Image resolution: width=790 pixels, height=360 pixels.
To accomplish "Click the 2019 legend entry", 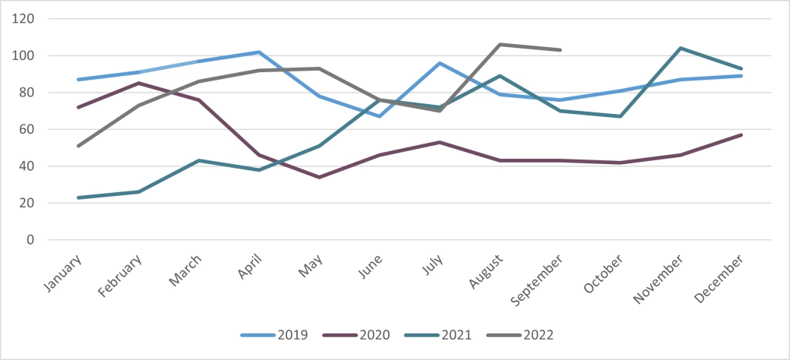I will (274, 334).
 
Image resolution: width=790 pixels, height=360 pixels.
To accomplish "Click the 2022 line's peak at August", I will (500, 45).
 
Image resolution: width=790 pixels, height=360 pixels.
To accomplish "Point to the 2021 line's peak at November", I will (681, 48).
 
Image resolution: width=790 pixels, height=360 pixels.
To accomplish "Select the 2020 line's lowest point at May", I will (319, 177).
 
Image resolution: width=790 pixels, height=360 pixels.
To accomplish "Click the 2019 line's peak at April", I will (259, 52).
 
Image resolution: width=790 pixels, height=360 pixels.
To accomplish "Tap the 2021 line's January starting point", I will (78, 197).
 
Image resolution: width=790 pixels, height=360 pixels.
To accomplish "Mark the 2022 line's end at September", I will (560, 50).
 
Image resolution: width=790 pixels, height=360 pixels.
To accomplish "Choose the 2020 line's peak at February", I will (138, 83).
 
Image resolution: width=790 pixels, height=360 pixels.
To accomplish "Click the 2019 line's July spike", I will (440, 63).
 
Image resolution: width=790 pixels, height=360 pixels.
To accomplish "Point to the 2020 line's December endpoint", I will (741, 134).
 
